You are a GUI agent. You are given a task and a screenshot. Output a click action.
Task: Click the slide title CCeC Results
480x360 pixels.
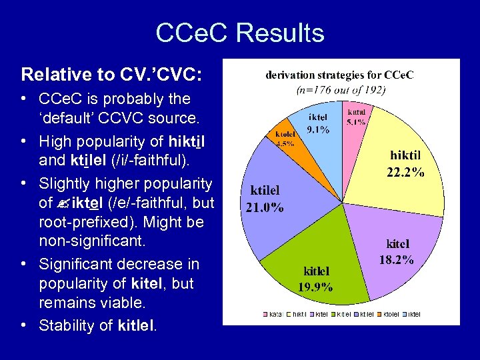pyautogui.click(x=239, y=33)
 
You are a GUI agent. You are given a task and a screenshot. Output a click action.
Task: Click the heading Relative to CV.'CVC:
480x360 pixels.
pyautogui.click(x=111, y=73)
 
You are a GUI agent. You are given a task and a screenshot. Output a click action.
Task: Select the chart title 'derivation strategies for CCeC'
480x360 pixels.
pyautogui.click(x=339, y=75)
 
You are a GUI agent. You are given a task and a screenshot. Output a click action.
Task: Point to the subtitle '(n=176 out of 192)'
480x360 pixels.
pyautogui.click(x=339, y=88)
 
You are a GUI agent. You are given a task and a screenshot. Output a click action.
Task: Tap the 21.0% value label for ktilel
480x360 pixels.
pyautogui.click(x=265, y=207)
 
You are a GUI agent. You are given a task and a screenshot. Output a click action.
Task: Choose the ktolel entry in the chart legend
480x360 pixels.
pyautogui.click(x=389, y=313)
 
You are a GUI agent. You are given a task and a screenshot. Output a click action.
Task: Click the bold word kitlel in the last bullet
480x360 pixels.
pyautogui.click(x=135, y=326)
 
